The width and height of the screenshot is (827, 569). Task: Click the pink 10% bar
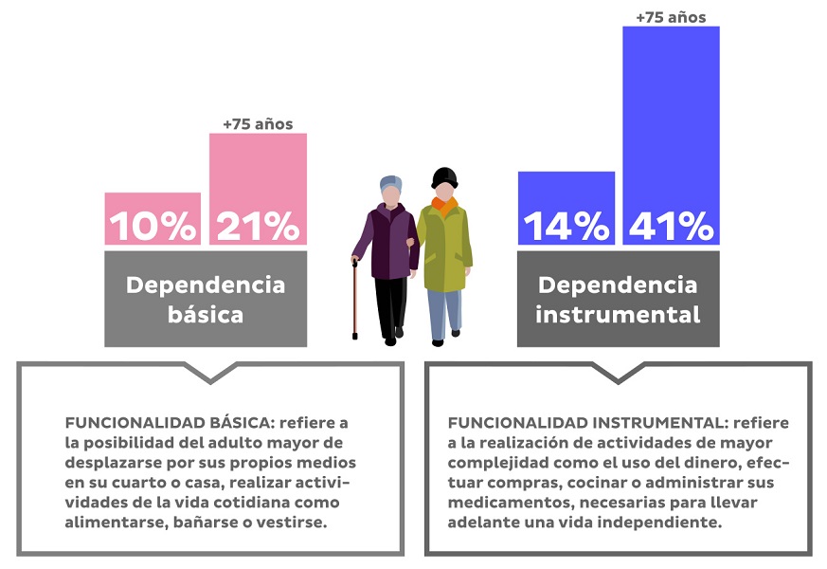[x=153, y=218]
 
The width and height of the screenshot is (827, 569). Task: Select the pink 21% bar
[x=258, y=187]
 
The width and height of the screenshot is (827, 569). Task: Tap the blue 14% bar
[x=566, y=208]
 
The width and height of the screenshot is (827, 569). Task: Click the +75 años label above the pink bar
[x=258, y=123]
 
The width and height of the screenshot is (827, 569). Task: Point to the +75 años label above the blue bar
[x=671, y=16]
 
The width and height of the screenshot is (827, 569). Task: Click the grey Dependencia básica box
[x=206, y=298]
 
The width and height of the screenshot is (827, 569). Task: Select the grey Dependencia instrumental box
[x=618, y=298]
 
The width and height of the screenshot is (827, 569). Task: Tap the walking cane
[x=355, y=299]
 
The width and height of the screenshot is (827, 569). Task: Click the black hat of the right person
[x=444, y=175]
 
